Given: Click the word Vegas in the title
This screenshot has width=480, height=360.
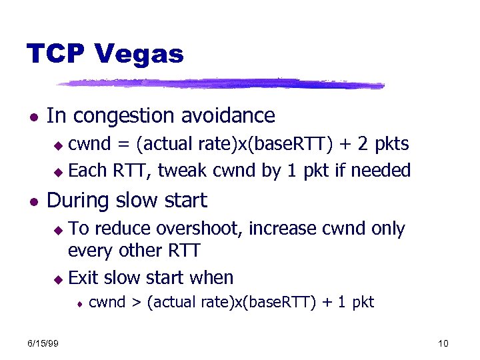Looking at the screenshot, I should (141, 53).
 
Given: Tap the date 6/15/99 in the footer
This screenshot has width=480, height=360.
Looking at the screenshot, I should (43, 343).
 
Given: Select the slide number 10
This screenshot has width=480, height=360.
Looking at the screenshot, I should (443, 343).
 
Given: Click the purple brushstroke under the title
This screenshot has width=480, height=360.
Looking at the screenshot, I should (220, 84).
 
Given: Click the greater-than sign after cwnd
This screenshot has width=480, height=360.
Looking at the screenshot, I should (135, 303).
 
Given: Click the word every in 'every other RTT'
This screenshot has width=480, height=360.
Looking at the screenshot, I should (86, 252).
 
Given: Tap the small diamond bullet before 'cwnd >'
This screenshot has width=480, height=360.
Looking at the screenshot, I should (79, 303).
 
